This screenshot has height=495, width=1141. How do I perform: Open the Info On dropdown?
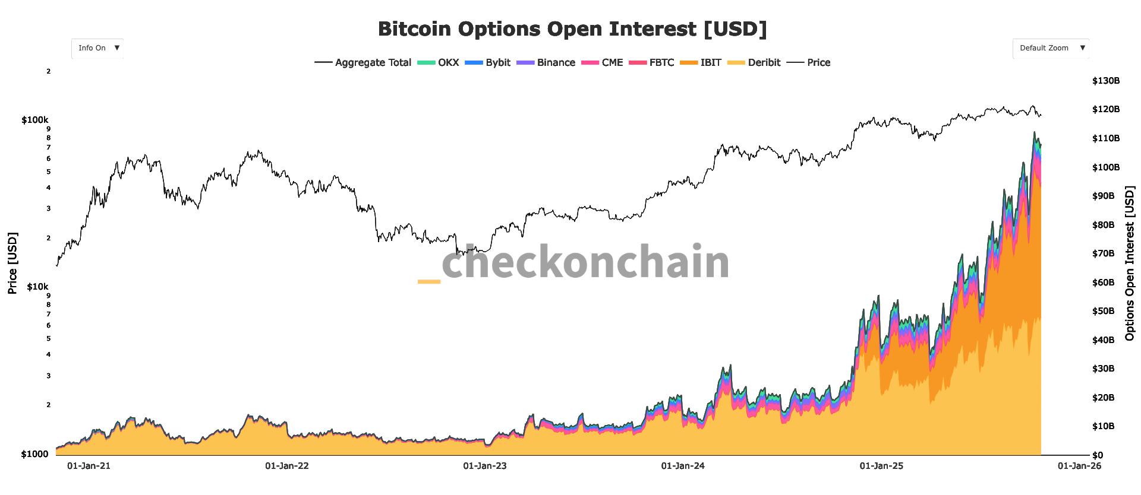[97, 48]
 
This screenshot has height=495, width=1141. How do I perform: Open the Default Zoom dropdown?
[1051, 48]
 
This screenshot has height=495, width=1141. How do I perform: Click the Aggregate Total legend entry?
[363, 62]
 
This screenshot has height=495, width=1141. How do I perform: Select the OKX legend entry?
[439, 62]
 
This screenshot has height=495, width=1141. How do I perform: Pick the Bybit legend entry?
[487, 62]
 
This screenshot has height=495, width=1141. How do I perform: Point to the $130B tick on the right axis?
[1105, 81]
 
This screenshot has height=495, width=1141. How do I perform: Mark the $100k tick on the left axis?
[35, 120]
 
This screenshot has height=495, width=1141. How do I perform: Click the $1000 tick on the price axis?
[35, 454]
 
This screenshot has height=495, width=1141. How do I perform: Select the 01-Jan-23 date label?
[485, 466]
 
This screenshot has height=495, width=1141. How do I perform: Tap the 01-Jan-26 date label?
[1079, 466]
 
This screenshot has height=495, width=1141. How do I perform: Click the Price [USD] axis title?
[12, 263]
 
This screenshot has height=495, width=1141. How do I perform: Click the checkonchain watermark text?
[585, 262]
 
